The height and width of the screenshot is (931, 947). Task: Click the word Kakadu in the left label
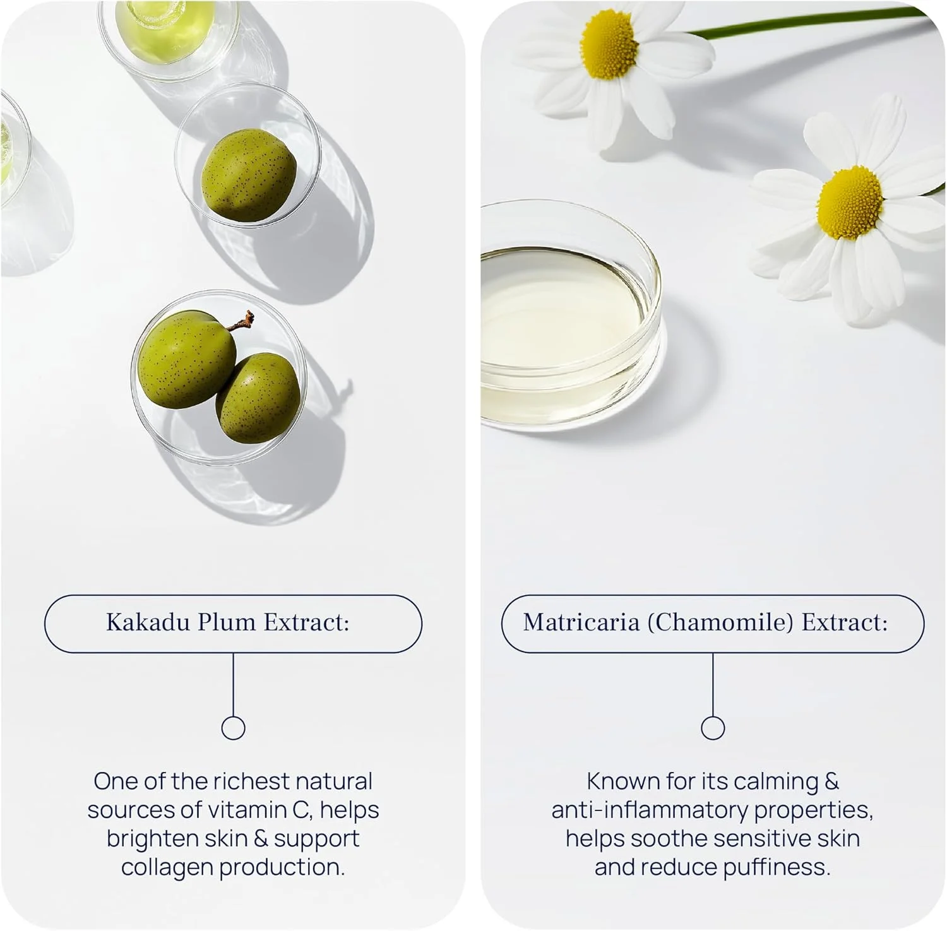click(147, 622)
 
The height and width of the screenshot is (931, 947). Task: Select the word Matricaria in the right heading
click(581, 622)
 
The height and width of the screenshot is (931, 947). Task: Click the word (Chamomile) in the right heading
click(720, 623)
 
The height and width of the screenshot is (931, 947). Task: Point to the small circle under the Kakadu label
click(234, 728)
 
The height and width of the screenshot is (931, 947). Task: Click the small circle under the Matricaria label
click(713, 728)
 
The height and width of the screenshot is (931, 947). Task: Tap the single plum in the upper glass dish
click(249, 175)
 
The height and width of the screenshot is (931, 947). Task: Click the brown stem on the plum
click(242, 322)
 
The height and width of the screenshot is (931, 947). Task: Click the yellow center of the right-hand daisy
click(850, 203)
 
